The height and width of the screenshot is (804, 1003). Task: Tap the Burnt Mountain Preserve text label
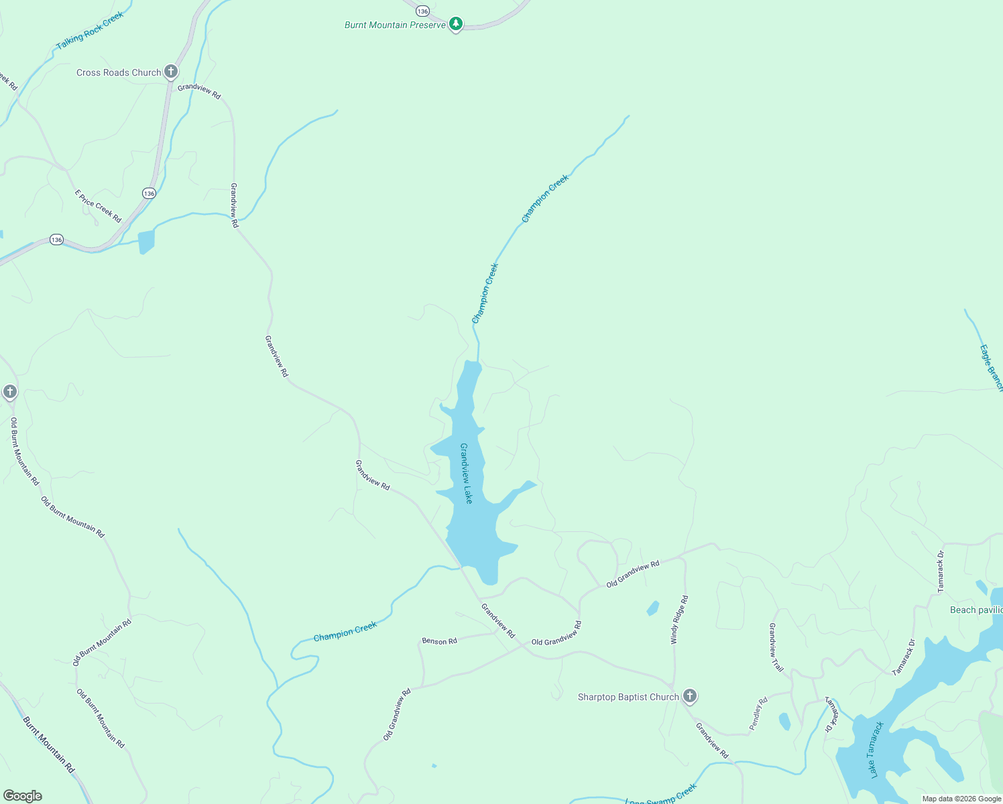395,25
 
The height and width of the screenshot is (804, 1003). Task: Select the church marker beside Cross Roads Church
171,71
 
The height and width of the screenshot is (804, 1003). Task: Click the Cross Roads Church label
119,72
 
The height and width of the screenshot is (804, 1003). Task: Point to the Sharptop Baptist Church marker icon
690,695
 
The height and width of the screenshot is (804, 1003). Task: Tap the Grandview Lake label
466,473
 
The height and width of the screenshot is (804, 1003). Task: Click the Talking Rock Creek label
90,31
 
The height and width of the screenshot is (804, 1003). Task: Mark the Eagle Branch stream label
991,367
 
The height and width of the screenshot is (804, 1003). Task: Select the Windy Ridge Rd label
679,620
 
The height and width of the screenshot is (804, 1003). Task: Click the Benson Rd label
439,641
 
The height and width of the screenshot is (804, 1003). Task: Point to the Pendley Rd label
758,714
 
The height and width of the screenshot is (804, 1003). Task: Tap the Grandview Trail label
776,647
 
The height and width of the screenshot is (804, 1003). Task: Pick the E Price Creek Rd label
98,206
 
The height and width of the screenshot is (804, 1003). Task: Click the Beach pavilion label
976,610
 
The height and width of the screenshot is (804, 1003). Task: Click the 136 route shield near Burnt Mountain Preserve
422,11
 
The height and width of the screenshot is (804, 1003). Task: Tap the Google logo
23,796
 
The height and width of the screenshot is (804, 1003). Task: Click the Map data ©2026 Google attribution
961,799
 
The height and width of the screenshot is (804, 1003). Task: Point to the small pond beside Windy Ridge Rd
652,608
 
